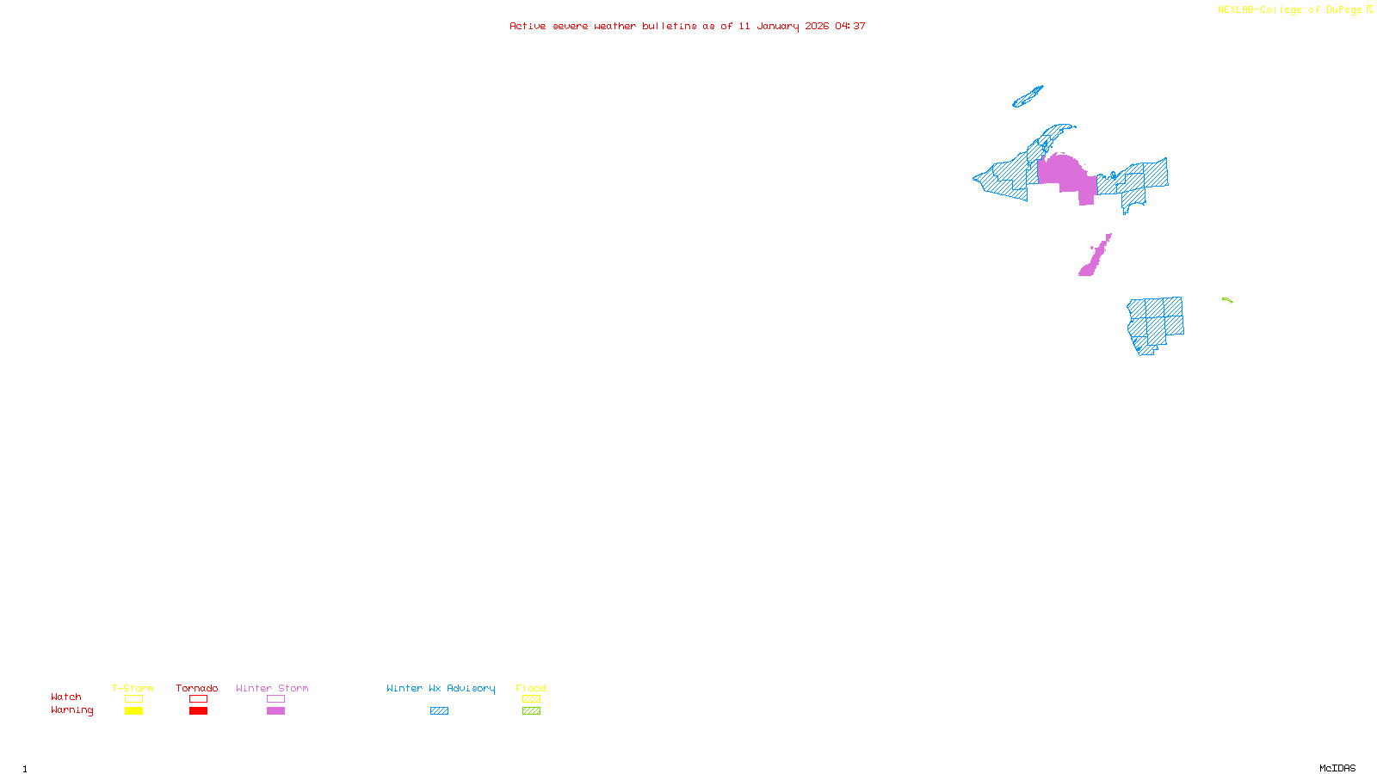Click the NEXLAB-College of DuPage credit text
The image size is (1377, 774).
pyautogui.click(x=1290, y=10)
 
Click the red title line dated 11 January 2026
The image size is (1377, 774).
pyautogui.click(x=687, y=27)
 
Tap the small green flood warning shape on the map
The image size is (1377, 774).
pyautogui.click(x=1227, y=300)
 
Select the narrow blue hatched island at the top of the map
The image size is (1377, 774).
pyautogui.click(x=1028, y=97)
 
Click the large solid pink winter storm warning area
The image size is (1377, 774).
pyautogui.click(x=1065, y=175)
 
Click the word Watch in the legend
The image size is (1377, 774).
pyautogui.click(x=66, y=697)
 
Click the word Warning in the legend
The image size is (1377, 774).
pyautogui.click(x=71, y=710)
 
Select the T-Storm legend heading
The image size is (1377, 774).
pyautogui.click(x=133, y=688)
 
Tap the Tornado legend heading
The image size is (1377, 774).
pyautogui.click(x=197, y=688)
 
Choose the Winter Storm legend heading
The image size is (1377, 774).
pyautogui.click(x=272, y=688)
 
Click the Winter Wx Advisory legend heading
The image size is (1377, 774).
pyautogui.click(x=441, y=688)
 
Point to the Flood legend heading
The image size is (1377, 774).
pyautogui.click(x=531, y=688)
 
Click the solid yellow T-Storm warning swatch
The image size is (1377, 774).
pyautogui.click(x=133, y=711)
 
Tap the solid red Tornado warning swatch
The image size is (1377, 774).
pyautogui.click(x=198, y=711)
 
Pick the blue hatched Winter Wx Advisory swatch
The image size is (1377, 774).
pyautogui.click(x=439, y=711)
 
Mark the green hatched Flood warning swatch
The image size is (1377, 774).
pyautogui.click(x=531, y=711)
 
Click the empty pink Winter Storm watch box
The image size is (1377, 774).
pyautogui.click(x=275, y=699)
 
